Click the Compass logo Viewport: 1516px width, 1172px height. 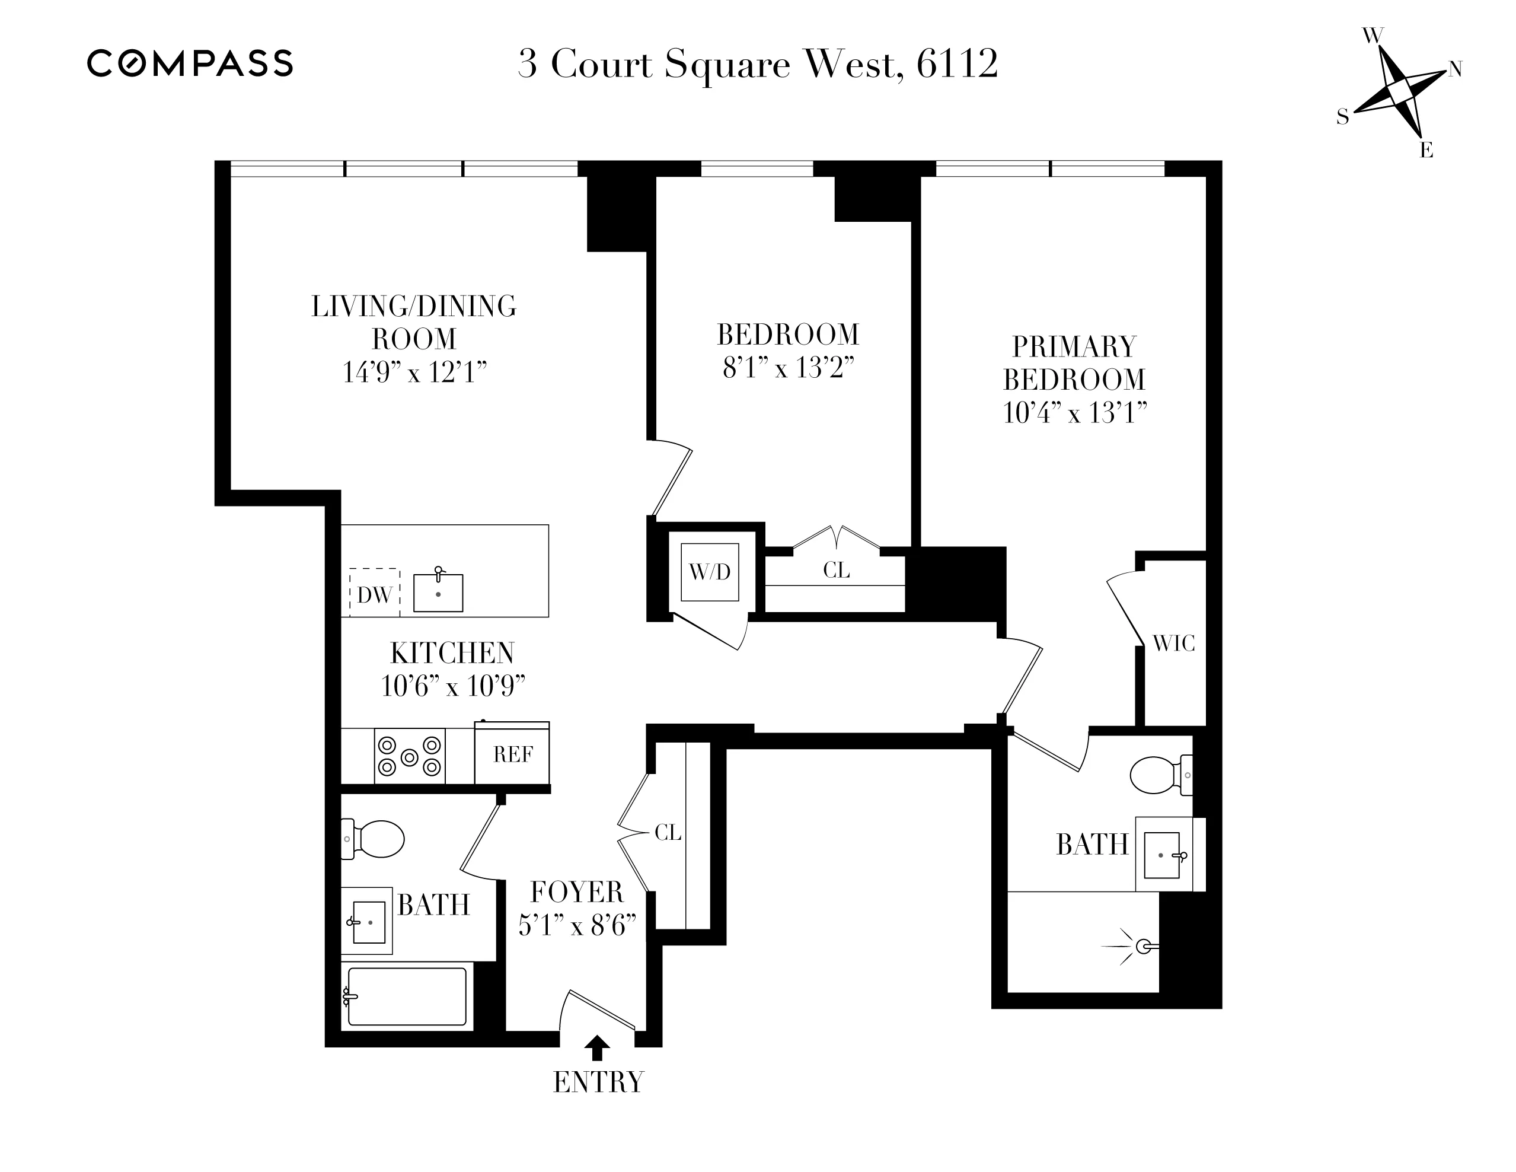point(190,63)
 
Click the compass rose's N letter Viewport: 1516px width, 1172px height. point(1455,69)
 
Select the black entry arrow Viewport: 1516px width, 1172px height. point(597,1047)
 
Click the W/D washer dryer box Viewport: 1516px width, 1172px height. point(710,572)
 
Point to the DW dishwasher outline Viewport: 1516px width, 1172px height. point(375,593)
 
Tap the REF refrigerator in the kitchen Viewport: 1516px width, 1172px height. point(512,754)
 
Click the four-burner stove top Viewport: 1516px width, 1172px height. point(410,756)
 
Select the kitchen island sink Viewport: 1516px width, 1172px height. point(438,593)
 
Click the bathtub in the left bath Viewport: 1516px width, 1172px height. point(407,996)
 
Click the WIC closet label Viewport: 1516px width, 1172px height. point(1174,644)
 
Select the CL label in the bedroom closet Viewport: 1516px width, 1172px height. point(836,570)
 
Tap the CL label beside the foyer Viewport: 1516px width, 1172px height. point(668,833)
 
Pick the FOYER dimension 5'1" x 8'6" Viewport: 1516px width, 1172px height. point(577,925)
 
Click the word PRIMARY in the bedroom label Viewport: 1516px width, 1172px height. point(1074,346)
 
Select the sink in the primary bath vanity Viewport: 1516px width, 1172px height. point(1162,855)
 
